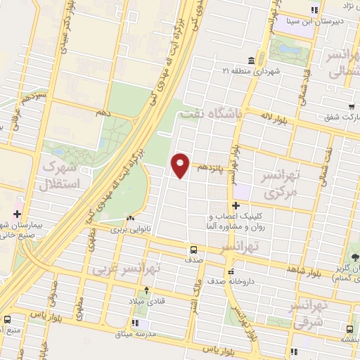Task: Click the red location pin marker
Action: [181, 165]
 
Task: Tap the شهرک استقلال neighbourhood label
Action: [62, 175]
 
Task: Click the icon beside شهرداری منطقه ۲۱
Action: [252, 61]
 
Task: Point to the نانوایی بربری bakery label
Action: [130, 229]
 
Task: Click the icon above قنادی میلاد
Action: [146, 290]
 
